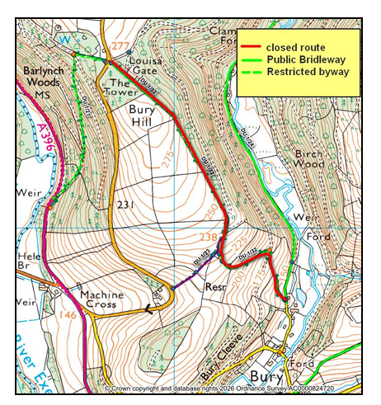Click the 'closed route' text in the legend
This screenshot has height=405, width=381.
coord(301,48)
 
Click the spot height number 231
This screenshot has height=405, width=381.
coord(125,205)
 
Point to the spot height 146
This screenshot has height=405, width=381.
coord(68,315)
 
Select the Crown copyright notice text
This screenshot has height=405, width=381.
coord(232,387)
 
